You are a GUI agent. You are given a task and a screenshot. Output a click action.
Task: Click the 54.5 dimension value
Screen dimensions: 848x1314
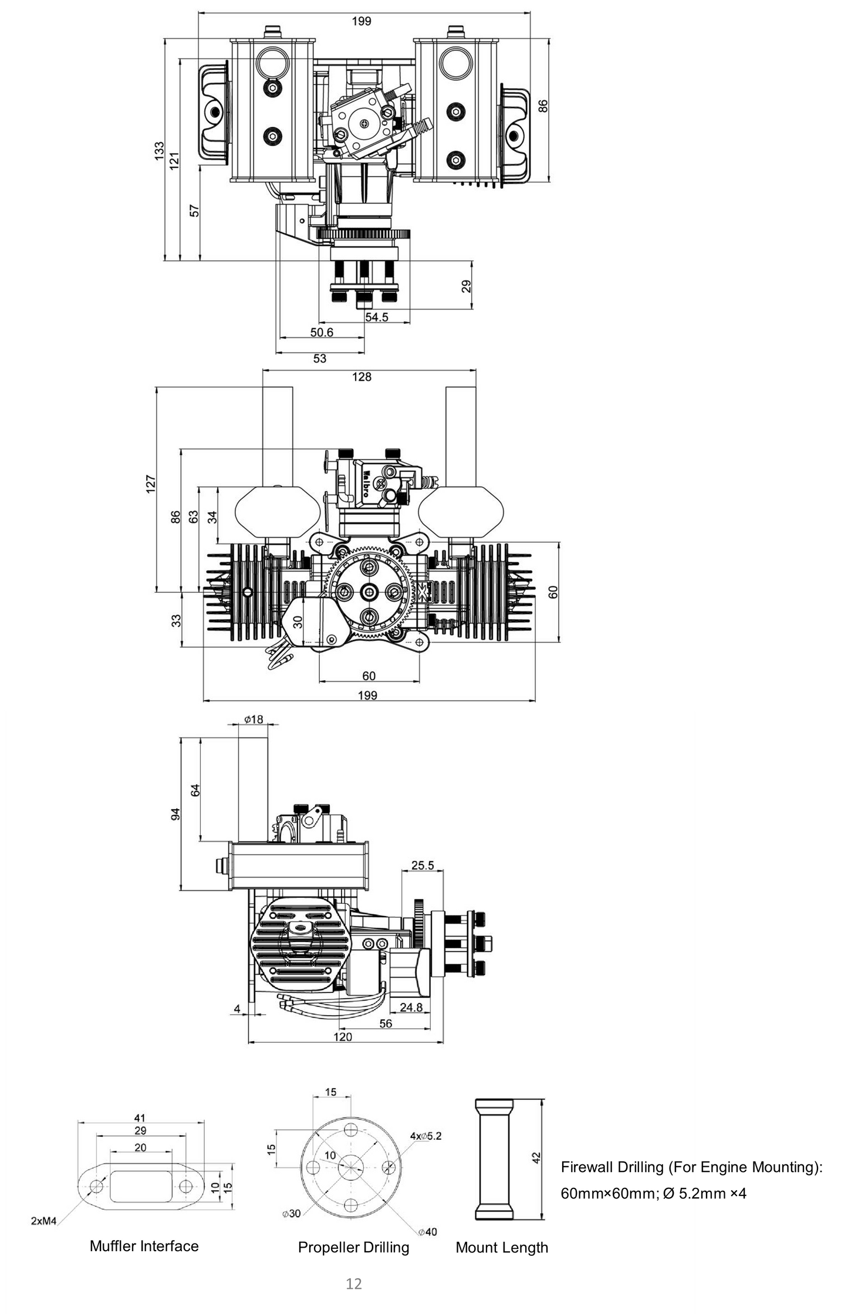pyautogui.click(x=377, y=317)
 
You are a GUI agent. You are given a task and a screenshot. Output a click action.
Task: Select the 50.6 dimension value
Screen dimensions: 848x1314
pyautogui.click(x=322, y=332)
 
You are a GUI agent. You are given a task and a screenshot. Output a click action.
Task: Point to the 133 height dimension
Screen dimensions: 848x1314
pyautogui.click(x=159, y=151)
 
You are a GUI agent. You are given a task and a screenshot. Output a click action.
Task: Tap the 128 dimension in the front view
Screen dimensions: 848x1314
pyautogui.click(x=362, y=377)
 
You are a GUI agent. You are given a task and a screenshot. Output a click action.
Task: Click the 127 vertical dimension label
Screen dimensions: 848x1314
pyautogui.click(x=151, y=484)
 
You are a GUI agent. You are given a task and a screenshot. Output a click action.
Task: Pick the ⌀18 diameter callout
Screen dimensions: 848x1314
pyautogui.click(x=254, y=719)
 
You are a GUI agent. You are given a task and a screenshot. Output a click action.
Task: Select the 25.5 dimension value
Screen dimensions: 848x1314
pyautogui.click(x=423, y=865)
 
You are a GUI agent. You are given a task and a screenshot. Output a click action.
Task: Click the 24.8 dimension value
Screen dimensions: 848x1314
pyautogui.click(x=411, y=1007)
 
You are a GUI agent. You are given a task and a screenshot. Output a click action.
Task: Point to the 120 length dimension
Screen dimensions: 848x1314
pyautogui.click(x=343, y=1036)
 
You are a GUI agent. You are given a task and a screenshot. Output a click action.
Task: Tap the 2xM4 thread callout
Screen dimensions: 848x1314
pyautogui.click(x=43, y=1221)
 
